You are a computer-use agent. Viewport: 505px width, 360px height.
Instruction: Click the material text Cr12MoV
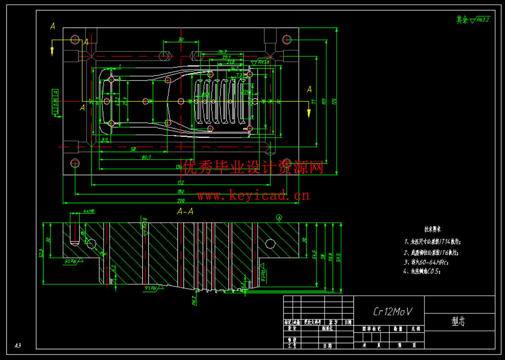pos(393,311)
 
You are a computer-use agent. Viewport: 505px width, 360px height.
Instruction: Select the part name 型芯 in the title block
pos(458,322)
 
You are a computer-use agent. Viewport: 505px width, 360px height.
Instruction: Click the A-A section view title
pos(185,212)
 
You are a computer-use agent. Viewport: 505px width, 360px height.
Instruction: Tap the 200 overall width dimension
pos(181,200)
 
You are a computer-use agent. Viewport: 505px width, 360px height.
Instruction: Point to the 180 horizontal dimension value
pos(181,192)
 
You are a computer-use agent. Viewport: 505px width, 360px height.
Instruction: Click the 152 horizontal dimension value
pos(181,183)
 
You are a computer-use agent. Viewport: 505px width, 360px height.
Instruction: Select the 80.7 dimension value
pos(146,157)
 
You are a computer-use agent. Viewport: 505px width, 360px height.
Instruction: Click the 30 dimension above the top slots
pos(181,40)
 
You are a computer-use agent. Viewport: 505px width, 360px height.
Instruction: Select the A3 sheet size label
pos(18,345)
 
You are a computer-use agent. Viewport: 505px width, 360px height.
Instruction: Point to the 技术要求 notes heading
pos(432,229)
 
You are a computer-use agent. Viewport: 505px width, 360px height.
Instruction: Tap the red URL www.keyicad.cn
pos(253,196)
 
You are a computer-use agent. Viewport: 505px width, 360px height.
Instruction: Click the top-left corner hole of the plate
pos(75,39)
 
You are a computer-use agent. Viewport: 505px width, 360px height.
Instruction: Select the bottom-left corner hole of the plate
pos(75,162)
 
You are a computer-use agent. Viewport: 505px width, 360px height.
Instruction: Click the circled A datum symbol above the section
pos(279,218)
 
